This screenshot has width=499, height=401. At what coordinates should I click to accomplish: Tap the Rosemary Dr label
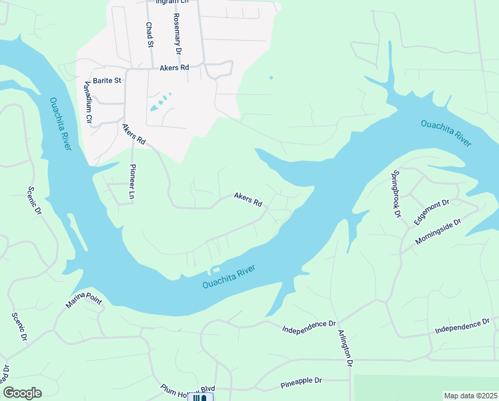pyautogui.click(x=177, y=33)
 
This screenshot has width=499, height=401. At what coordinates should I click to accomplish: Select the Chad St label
pyautogui.click(x=149, y=34)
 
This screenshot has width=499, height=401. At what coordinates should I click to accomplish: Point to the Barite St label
pyautogui.click(x=107, y=80)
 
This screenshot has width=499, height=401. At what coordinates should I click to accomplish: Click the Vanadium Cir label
pyautogui.click(x=87, y=102)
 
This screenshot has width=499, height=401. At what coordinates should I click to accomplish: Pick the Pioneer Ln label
pyautogui.click(x=132, y=182)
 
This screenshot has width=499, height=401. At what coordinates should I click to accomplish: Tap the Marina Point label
pyautogui.click(x=84, y=303)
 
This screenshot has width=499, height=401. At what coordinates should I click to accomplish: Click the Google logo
pyautogui.click(x=22, y=393)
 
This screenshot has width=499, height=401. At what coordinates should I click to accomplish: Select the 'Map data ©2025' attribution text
pyautogui.click(x=470, y=396)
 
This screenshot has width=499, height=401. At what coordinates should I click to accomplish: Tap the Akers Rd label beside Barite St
pyautogui.click(x=174, y=68)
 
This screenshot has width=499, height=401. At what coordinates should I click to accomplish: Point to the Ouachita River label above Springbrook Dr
pyautogui.click(x=446, y=132)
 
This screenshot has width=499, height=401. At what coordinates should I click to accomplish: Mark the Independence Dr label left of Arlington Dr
pyautogui.click(x=308, y=328)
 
